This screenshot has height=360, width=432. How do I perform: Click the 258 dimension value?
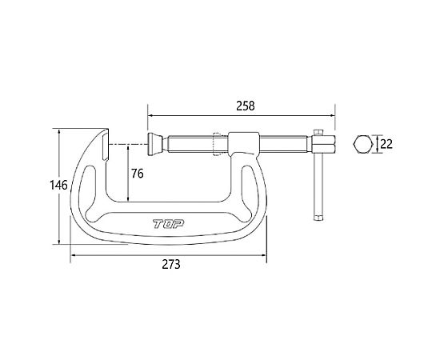(246, 106)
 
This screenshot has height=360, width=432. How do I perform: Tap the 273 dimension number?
(171, 265)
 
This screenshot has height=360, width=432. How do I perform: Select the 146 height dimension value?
(58, 185)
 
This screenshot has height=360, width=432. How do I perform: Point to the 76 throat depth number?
(138, 174)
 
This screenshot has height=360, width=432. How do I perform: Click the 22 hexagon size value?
(386, 144)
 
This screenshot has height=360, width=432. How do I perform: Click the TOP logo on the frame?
(169, 224)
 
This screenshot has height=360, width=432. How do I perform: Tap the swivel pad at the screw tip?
(155, 144)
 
